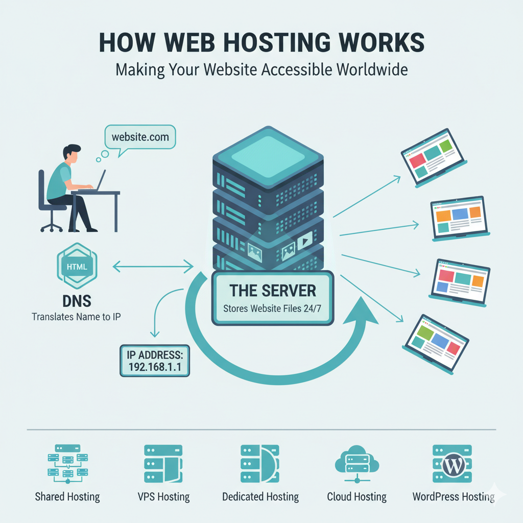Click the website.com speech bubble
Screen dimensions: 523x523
(x=139, y=137)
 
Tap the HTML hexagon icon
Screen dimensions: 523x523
(x=77, y=267)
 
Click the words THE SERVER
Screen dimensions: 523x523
(x=272, y=291)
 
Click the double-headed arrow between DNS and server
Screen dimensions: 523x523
(x=153, y=266)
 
